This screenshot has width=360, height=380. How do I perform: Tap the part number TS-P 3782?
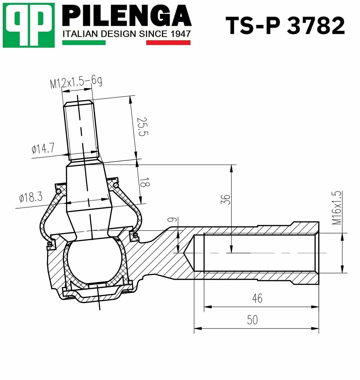click(x=285, y=26)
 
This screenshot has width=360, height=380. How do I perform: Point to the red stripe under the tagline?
click(x=168, y=43)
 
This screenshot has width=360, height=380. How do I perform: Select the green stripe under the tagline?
click(x=84, y=43)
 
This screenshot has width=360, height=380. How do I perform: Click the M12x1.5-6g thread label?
click(x=76, y=83)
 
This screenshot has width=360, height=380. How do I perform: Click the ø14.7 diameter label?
click(x=43, y=148)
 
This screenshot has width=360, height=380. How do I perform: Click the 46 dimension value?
click(x=257, y=298)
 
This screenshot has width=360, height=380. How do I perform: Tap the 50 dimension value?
click(x=252, y=320)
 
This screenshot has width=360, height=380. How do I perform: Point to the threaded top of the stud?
click(x=81, y=129)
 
